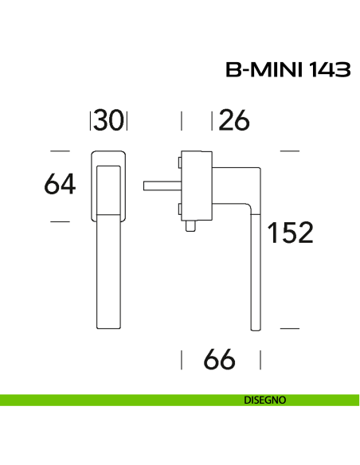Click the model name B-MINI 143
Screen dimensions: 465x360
pos(288,71)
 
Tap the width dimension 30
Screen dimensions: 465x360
pos(109,120)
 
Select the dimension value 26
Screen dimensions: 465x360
pos(234,120)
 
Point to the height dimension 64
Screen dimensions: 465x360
pos(60,185)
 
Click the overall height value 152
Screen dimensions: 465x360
pos(290,233)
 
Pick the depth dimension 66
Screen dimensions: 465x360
pos(220,360)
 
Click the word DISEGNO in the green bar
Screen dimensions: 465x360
pos(265,400)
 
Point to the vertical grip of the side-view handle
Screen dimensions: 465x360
pos(254,271)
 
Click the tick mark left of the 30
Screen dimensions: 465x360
pos(92,120)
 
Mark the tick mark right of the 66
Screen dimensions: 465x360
pos(260,360)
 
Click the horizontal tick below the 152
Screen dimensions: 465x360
pos(289,327)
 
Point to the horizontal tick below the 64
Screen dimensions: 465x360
pos(60,221)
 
